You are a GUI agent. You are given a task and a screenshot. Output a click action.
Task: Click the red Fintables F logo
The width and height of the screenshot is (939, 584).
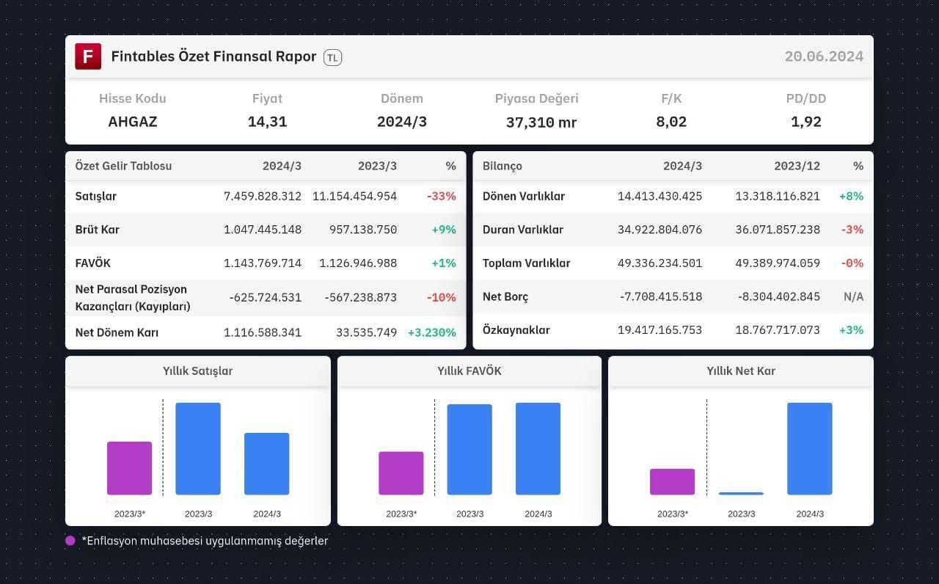tap(88, 56)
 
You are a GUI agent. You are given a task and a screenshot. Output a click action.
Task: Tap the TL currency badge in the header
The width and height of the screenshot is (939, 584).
tap(332, 57)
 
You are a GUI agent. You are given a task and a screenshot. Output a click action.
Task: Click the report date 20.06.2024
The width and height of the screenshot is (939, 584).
tap(824, 56)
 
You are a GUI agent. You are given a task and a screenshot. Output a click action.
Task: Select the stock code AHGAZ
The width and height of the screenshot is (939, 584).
tap(133, 122)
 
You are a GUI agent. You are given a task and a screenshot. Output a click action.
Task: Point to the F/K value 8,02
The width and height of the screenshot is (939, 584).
tap(671, 122)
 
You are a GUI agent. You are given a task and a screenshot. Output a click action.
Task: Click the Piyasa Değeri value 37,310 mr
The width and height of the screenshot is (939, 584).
tap(541, 122)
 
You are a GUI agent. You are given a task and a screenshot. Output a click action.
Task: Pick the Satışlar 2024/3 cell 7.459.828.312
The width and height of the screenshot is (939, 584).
tap(263, 196)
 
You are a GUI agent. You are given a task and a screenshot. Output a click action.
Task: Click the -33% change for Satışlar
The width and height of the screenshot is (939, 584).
tap(442, 196)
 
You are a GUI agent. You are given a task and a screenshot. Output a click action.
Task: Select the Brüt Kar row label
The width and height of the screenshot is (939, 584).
tap(98, 230)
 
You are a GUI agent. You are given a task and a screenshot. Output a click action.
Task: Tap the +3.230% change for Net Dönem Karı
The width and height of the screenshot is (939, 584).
tap(432, 332)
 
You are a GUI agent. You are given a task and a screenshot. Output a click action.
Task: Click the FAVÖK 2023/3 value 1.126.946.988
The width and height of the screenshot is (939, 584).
tap(358, 263)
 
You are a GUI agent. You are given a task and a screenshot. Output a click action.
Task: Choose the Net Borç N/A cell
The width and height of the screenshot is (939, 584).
tap(853, 297)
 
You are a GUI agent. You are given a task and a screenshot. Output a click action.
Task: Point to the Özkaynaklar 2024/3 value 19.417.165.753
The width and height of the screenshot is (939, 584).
tap(660, 330)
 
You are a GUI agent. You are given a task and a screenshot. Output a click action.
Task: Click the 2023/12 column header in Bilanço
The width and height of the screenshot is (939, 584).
tap(797, 166)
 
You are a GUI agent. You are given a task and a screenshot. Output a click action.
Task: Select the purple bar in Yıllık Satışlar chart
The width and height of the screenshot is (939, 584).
tap(130, 468)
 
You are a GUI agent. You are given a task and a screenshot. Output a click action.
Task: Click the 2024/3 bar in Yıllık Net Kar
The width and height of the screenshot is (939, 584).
tap(809, 448)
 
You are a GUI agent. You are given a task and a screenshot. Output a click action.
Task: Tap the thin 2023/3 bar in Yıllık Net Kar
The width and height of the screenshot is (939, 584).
tap(741, 494)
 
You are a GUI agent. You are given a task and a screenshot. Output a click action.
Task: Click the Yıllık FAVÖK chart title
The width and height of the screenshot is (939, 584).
tap(469, 371)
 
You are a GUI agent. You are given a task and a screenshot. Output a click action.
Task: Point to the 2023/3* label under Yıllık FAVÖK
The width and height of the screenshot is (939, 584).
tap(401, 514)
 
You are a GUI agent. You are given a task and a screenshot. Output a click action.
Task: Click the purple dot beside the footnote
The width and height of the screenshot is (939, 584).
tap(70, 541)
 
